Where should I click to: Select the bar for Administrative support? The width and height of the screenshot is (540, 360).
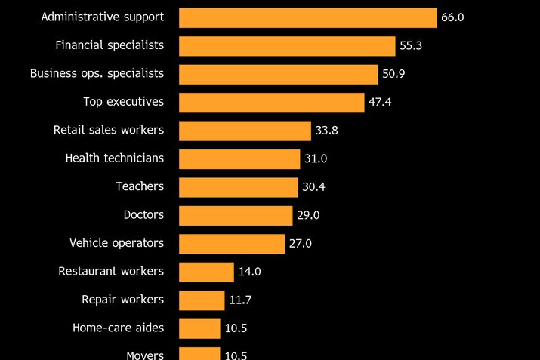point(307,17)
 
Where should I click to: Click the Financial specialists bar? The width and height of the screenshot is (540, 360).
point(287,46)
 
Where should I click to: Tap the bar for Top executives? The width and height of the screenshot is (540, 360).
point(271,103)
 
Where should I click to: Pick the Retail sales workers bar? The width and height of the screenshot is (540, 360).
point(245,131)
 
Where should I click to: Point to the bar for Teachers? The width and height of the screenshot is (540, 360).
point(238,187)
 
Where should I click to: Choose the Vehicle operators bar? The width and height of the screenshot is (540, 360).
point(232,244)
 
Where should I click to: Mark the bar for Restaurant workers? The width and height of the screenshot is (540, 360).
point(206,272)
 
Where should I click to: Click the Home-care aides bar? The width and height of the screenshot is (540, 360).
point(199,328)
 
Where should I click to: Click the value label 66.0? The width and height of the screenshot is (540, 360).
point(452,17)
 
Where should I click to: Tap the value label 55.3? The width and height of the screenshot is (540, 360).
point(411,46)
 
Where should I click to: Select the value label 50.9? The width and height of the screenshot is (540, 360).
point(393,74)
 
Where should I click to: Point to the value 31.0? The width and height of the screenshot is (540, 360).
point(316,159)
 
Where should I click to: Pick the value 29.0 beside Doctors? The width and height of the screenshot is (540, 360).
point(308,215)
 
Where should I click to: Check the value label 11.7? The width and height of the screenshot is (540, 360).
point(240,300)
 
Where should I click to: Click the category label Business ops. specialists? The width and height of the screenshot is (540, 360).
point(97,73)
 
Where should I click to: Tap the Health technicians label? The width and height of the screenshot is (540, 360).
point(115,158)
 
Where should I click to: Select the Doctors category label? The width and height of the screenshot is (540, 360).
point(143,215)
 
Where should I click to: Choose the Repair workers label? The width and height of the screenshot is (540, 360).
point(122,300)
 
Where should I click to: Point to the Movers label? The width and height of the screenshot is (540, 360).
point(145,354)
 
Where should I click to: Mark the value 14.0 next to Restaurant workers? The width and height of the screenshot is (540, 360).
point(249,272)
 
